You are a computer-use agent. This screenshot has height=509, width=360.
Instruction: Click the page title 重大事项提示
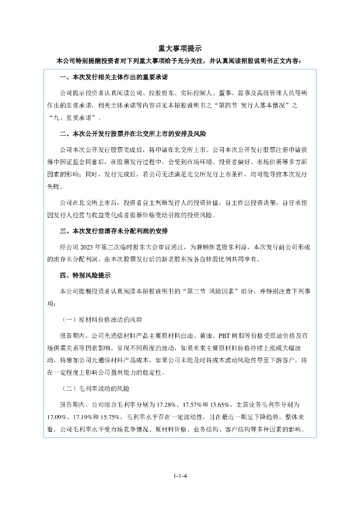180,49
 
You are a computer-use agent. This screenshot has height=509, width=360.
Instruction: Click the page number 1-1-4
180,476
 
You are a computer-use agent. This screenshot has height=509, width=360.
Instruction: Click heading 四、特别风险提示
85,275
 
